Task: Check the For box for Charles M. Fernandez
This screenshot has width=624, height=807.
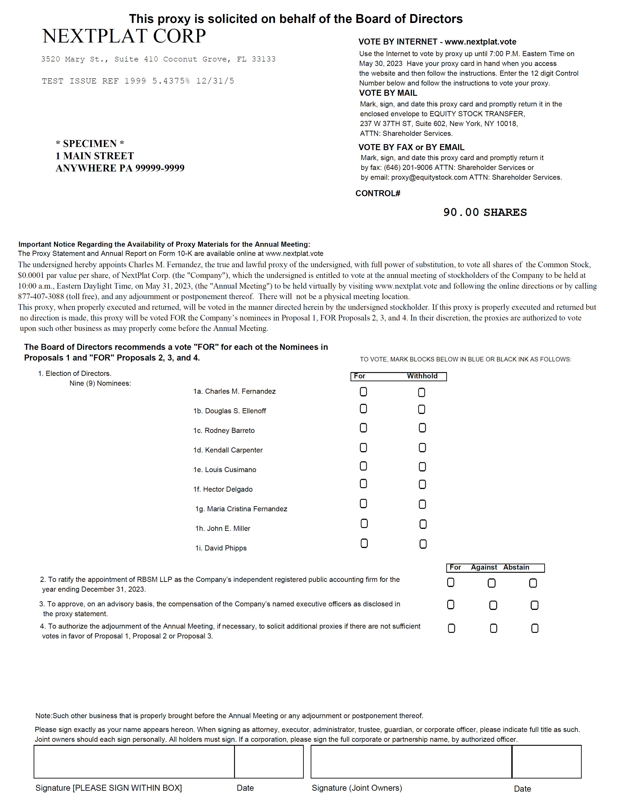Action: click(x=363, y=392)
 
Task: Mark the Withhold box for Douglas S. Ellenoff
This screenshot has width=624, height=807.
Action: click(x=422, y=410)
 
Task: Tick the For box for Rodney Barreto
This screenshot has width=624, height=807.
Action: click(x=363, y=428)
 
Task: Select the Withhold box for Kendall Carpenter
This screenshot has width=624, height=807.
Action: click(x=422, y=448)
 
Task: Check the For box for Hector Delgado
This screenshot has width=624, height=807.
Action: click(x=363, y=484)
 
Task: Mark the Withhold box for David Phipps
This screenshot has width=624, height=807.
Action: click(x=423, y=544)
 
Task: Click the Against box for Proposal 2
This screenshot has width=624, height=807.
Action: click(x=491, y=583)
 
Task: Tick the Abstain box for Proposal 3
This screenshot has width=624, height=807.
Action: click(x=534, y=605)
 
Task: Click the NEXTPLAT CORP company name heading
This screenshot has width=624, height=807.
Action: click(x=124, y=36)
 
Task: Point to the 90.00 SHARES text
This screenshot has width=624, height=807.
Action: click(x=485, y=212)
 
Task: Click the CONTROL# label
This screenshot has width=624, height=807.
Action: click(x=377, y=194)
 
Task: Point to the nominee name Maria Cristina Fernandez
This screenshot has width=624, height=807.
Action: click(x=247, y=509)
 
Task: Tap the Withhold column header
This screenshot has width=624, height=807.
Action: click(x=422, y=376)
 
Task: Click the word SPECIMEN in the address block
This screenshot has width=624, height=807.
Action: click(x=90, y=144)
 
